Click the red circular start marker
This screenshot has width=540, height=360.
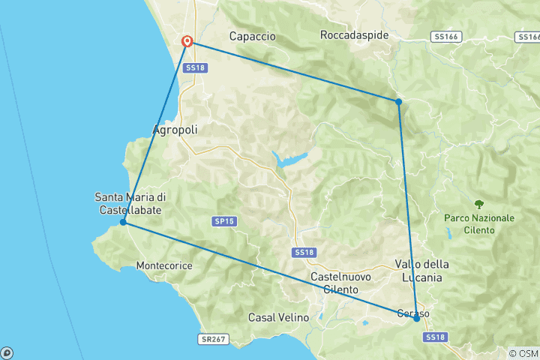coord(187,42)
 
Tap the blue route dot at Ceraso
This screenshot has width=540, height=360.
coord(417,318)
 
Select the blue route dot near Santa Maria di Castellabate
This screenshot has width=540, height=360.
coord(123,222)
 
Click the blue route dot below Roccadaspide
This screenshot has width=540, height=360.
coord(398,101)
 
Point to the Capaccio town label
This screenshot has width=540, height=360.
coord(252,36)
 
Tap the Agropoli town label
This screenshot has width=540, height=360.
coord(175,130)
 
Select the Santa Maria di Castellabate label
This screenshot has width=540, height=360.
coord(130,203)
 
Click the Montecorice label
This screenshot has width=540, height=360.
coord(164,265)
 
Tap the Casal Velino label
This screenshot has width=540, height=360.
coord(278,317)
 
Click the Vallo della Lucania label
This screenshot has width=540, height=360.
coord(421,271)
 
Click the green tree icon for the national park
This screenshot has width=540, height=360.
coord(478,203)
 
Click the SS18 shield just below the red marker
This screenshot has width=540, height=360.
coord(195,67)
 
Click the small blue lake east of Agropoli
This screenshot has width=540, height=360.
coord(289,159)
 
